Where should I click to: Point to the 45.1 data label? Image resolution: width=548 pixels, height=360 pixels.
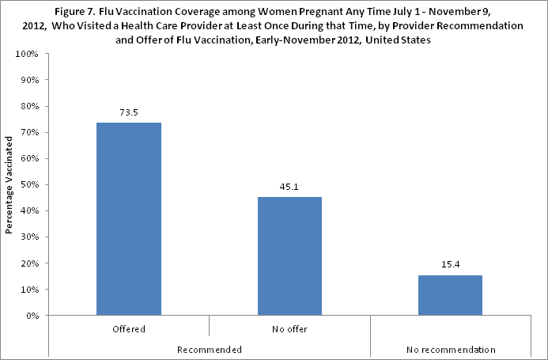[x=289, y=188]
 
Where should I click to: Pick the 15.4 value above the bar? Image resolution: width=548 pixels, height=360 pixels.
[x=449, y=265]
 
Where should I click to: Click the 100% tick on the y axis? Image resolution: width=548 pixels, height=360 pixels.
[x=28, y=54]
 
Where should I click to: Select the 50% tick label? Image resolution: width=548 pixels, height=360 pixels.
[x=31, y=184]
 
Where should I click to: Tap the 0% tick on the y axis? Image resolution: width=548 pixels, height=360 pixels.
[x=33, y=315]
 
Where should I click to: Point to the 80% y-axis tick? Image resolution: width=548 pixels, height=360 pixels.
[x=31, y=106]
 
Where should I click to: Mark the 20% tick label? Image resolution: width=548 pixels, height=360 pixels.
[x=31, y=263]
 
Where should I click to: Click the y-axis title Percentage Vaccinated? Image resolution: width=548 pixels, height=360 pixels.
[x=9, y=185]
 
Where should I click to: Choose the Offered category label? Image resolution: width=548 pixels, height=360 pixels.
[x=128, y=328]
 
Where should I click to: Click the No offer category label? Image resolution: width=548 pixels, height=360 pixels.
[x=289, y=328]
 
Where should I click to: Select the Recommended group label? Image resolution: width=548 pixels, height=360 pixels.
[x=209, y=348]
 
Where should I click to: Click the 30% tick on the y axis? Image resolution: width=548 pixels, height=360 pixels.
[x=31, y=237]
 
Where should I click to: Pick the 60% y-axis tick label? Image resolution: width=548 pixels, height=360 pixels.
[x=31, y=158]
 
